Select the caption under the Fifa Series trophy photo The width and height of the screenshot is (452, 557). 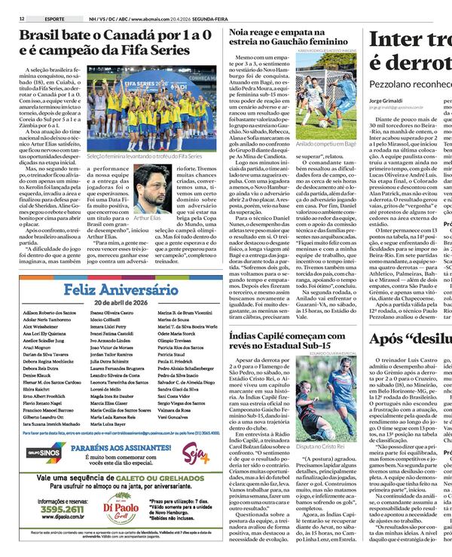click(x=144, y=156)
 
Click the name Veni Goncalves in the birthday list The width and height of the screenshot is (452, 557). click(x=173, y=416)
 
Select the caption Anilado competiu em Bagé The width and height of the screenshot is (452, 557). click(x=326, y=143)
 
